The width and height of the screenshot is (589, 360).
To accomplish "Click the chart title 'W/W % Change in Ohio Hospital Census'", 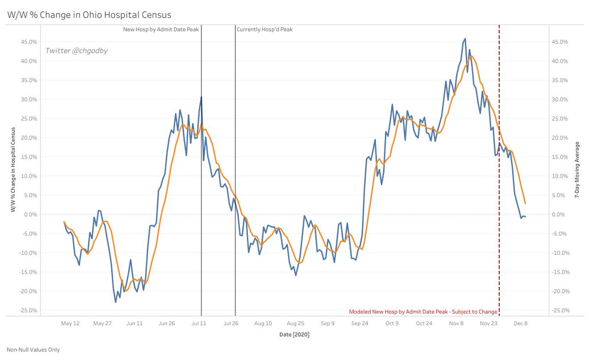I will [x=89, y=16].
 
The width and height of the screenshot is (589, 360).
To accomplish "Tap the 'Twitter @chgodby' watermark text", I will [x=76, y=50].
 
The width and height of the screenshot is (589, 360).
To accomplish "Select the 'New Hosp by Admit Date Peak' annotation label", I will [x=161, y=29].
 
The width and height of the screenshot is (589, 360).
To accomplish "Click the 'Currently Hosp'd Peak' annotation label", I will [x=265, y=29].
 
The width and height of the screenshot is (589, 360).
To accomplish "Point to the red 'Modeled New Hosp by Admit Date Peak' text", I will [x=423, y=311].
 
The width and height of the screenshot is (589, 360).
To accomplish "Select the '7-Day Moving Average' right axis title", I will [x=578, y=169].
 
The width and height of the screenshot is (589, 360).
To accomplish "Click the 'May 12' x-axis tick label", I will [x=70, y=323].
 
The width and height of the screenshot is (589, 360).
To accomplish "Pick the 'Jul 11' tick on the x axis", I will [x=199, y=323].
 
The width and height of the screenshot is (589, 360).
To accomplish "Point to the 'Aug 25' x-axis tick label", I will [x=295, y=323].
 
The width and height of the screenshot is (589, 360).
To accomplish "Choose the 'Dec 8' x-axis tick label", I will [x=520, y=323].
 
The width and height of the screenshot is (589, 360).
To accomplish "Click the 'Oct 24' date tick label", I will [x=424, y=323].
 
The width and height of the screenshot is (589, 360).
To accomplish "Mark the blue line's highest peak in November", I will [x=465, y=38].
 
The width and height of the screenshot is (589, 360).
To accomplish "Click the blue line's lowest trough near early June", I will [x=116, y=302].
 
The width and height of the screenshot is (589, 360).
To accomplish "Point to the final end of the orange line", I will [x=525, y=203].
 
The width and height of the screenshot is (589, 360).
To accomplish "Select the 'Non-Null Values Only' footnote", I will [x=33, y=350].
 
